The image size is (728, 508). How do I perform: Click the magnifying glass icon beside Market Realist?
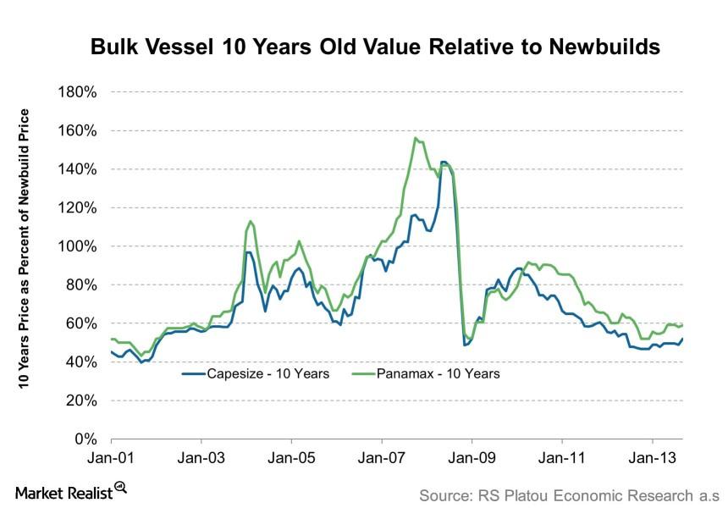120,487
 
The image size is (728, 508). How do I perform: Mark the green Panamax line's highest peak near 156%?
415,138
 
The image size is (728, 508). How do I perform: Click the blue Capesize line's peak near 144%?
444,161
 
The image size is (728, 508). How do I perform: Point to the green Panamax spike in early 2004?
251,221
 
